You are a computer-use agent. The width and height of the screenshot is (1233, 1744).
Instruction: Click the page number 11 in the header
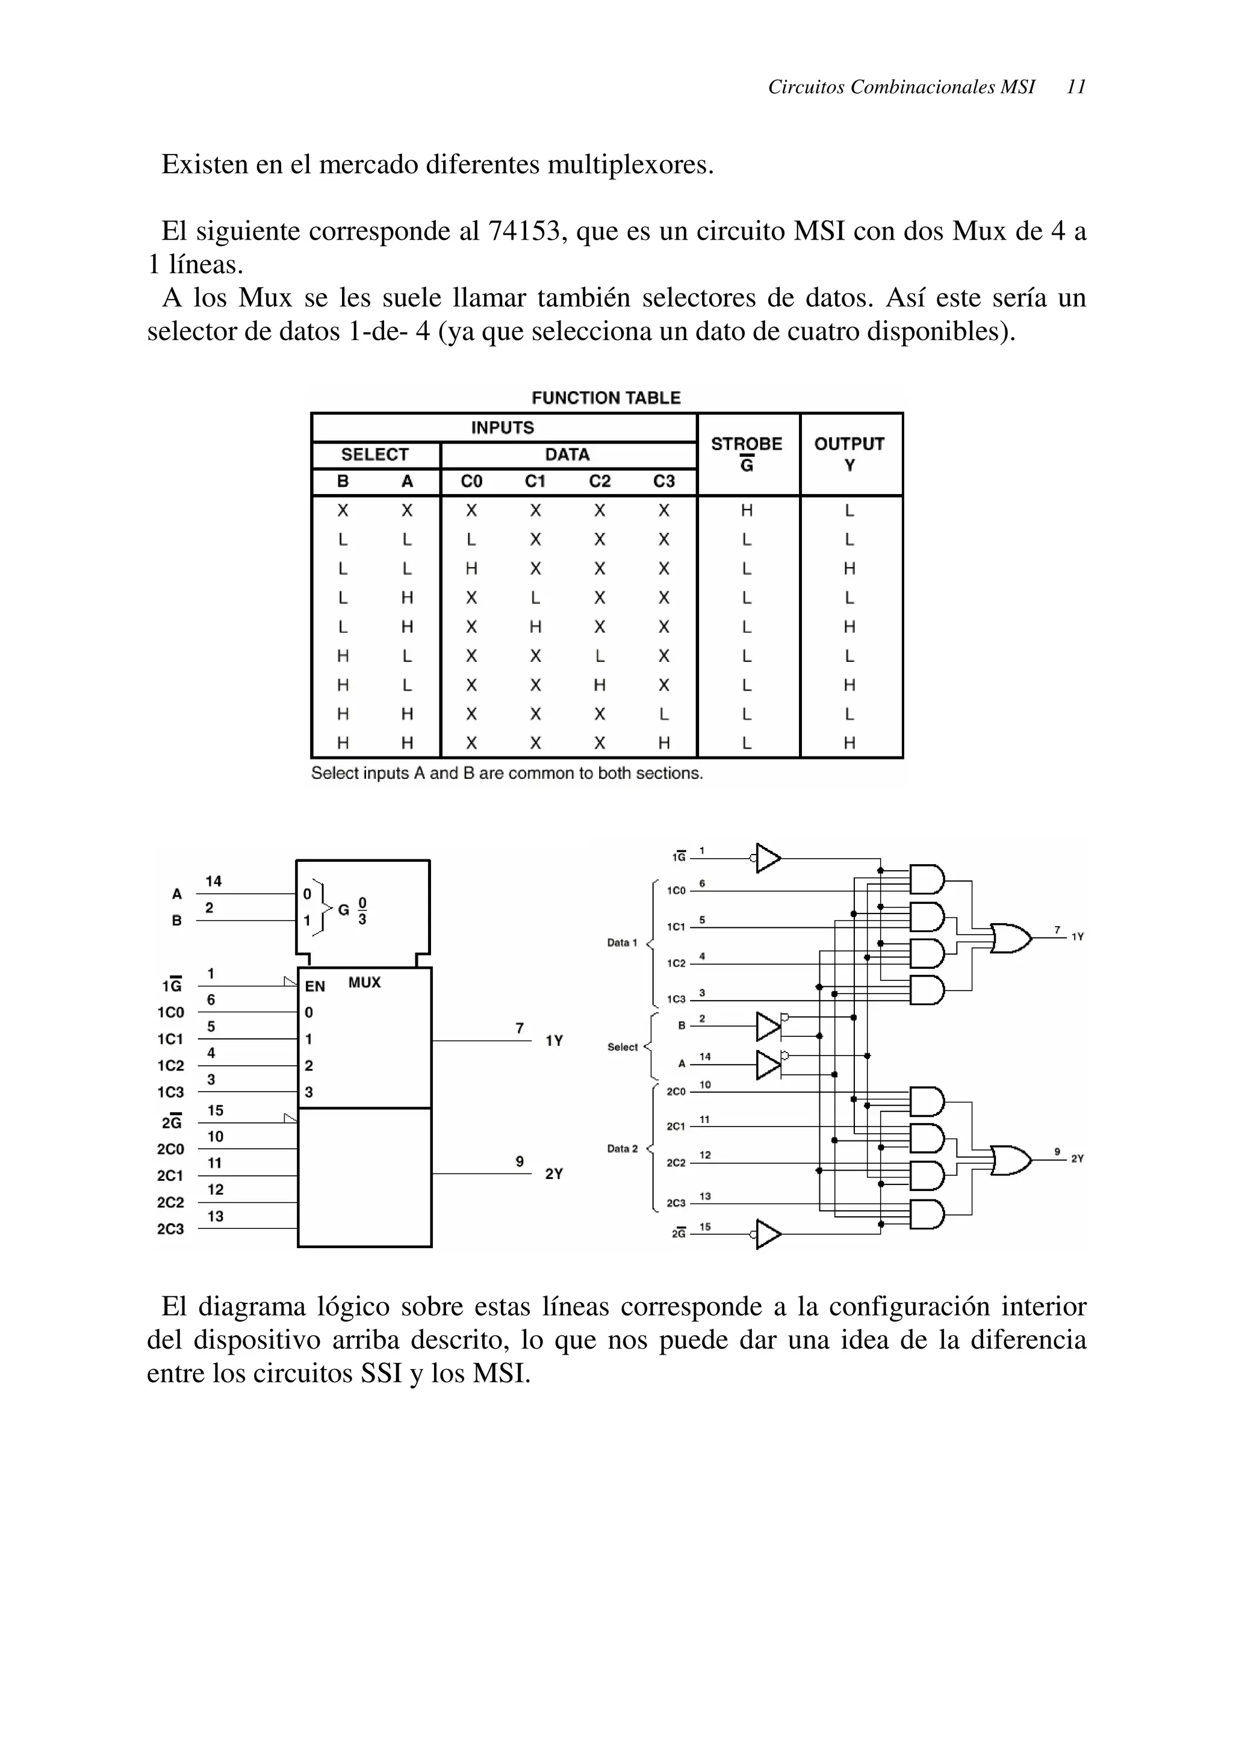click(1076, 87)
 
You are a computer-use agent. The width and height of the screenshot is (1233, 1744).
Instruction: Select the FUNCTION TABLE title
click(606, 398)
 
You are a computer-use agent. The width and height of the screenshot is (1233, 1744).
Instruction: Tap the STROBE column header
click(746, 444)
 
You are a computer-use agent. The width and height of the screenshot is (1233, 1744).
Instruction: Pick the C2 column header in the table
click(600, 481)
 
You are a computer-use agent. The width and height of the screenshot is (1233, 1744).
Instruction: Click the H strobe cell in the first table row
click(746, 510)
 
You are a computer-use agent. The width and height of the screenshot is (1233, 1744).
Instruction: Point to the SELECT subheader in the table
click(374, 454)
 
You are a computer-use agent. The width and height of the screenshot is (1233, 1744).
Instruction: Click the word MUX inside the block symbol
click(364, 983)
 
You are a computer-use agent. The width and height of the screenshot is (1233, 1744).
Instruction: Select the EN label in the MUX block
click(314, 987)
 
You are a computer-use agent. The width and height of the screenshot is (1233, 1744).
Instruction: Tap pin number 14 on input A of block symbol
click(214, 881)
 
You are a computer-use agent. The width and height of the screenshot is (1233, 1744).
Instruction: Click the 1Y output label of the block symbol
click(554, 1041)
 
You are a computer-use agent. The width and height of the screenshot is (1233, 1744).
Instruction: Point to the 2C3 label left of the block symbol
click(170, 1229)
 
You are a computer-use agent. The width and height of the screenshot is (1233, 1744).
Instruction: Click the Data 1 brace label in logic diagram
click(621, 942)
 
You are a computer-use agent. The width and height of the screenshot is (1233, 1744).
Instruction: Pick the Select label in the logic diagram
click(622, 1048)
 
